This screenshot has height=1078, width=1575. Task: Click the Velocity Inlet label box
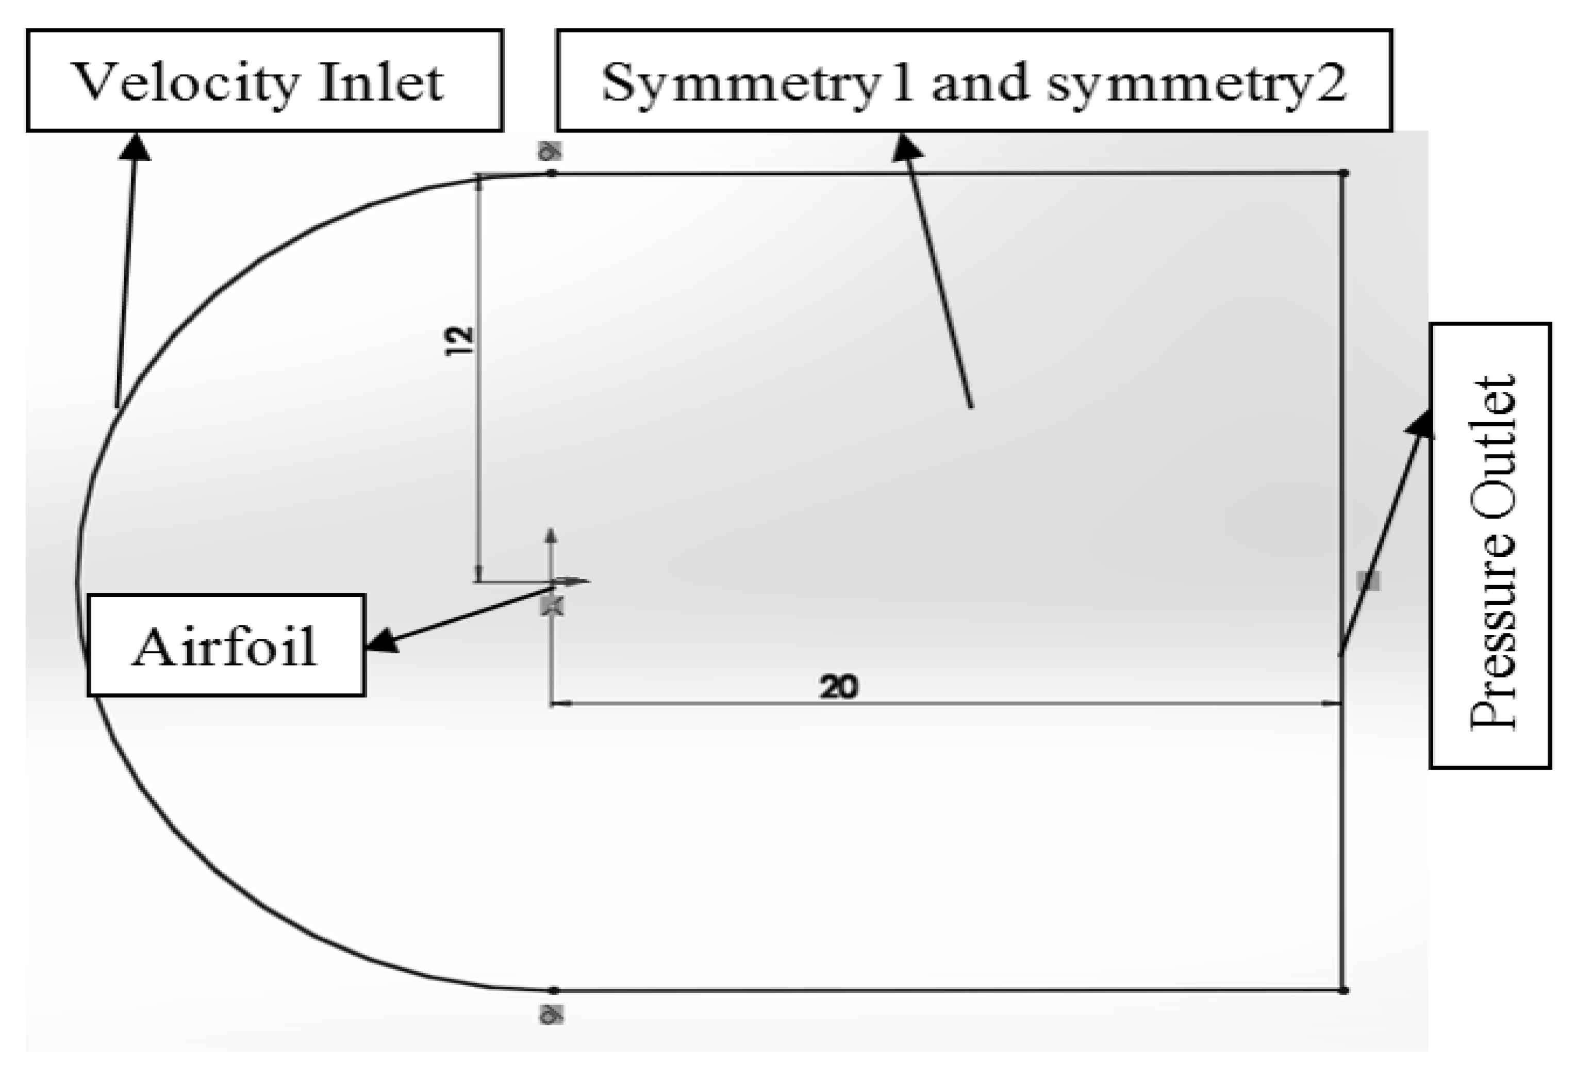click(x=264, y=80)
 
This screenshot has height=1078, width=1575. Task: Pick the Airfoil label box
click(x=226, y=645)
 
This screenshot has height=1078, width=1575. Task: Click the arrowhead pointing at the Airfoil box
click(x=382, y=640)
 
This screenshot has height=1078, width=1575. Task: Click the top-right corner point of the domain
click(x=1344, y=173)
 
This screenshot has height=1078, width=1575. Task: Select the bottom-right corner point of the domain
click(x=1344, y=990)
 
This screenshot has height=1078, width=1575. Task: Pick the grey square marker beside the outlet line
click(x=1368, y=581)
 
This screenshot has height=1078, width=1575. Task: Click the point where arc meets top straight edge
click(x=552, y=173)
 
